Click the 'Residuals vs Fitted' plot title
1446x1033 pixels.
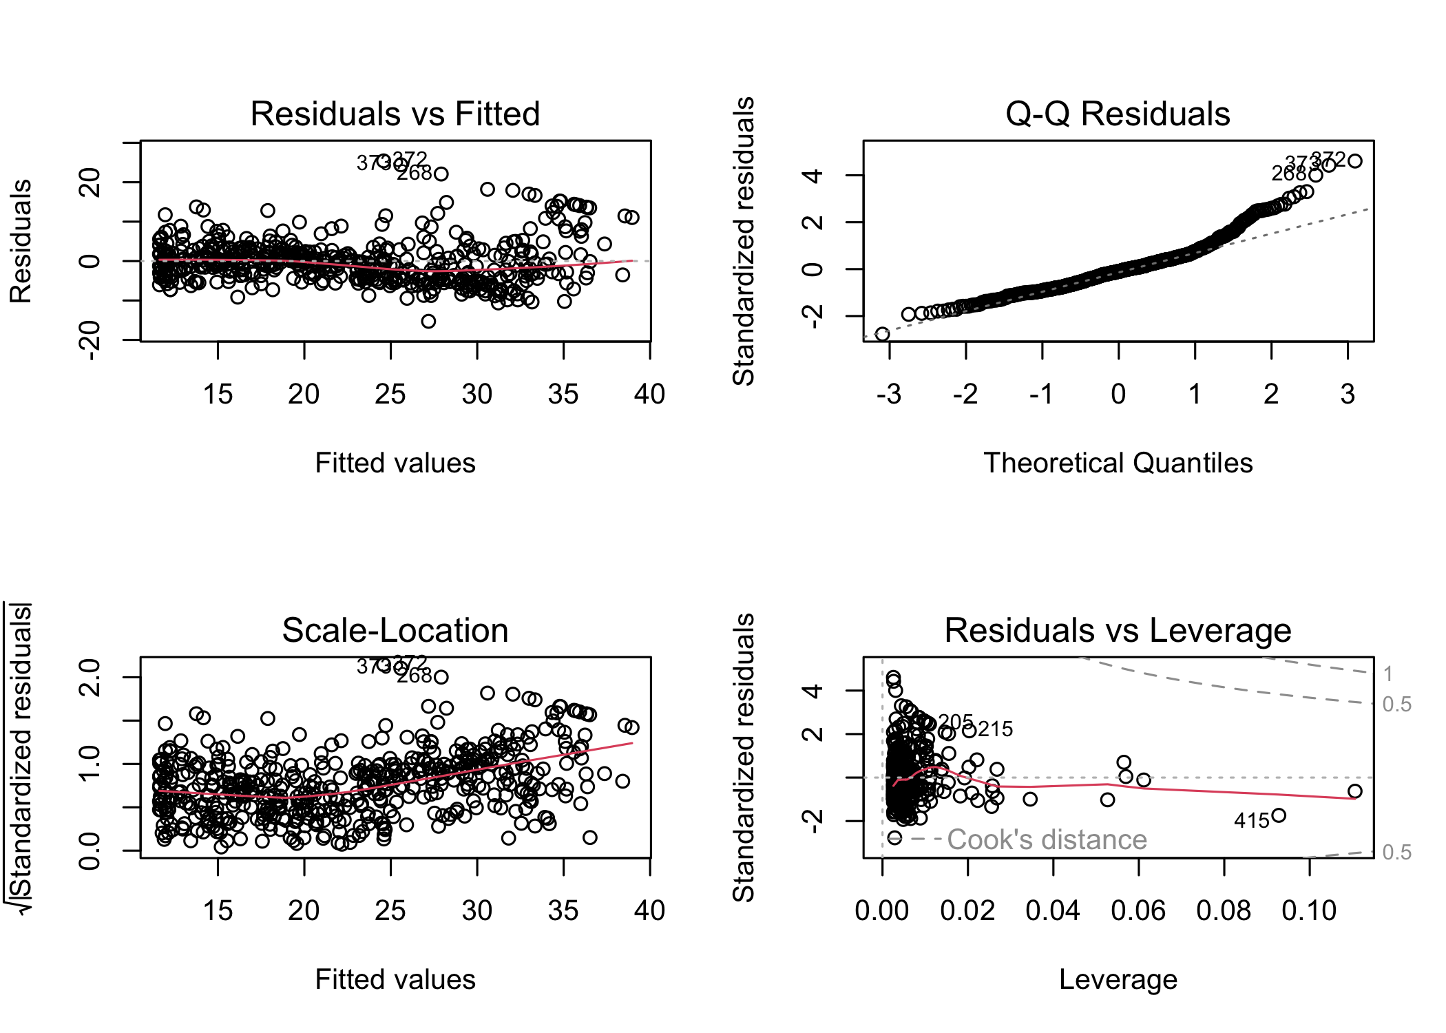coord(395,114)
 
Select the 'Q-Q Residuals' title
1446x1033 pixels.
coord(1117,114)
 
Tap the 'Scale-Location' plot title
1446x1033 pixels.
coord(395,630)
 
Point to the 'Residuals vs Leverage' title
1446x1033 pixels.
coord(1117,630)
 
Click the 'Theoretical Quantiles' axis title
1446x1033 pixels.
coord(1118,463)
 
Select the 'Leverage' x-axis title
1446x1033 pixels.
coord(1118,979)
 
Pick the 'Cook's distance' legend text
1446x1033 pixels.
coord(1047,839)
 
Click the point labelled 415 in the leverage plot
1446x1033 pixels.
coord(1279,815)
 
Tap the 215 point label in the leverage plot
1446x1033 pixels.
coord(995,729)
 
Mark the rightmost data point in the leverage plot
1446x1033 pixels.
coord(1354,791)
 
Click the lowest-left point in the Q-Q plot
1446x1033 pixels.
coord(882,334)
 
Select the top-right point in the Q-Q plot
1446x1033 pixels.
coord(1354,161)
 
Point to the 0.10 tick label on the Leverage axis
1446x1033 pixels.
coord(1308,910)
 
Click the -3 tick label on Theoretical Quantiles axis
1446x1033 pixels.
coord(889,394)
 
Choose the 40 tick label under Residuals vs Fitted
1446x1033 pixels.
coord(649,394)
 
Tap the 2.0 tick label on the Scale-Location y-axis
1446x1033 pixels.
coord(90,677)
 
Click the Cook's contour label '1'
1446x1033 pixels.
coord(1388,674)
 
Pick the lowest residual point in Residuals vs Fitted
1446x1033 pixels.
coord(428,321)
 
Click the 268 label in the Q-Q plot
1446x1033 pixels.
coord(1288,174)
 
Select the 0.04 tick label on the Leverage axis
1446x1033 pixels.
coord(1052,910)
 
